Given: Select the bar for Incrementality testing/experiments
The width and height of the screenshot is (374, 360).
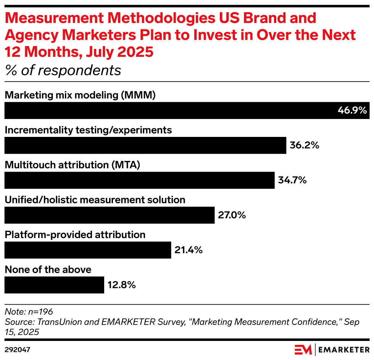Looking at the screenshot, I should pyautogui.click(x=145, y=145).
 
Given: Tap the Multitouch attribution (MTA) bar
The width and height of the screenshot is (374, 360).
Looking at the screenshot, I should pyautogui.click(x=139, y=180).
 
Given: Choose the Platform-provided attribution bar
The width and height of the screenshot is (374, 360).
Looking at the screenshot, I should pyautogui.click(x=87, y=250).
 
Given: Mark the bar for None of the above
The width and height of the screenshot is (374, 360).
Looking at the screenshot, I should pyautogui.click(x=54, y=285).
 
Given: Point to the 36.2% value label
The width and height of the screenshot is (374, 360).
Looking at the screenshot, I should pyautogui.click(x=304, y=145).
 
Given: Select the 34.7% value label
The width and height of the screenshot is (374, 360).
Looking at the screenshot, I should pyautogui.click(x=292, y=180).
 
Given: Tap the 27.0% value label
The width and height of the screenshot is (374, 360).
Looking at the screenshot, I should pyautogui.click(x=232, y=215).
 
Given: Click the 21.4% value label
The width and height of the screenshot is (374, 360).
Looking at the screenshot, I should pyautogui.click(x=188, y=250).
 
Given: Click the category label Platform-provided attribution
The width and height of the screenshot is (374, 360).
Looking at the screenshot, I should pyautogui.click(x=75, y=235).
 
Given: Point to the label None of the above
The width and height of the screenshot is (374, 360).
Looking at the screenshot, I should pyautogui.click(x=48, y=270).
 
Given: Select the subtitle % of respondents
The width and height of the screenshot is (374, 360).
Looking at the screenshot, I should pyautogui.click(x=63, y=70).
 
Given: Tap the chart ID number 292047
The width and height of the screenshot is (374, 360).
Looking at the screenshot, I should pyautogui.click(x=18, y=349).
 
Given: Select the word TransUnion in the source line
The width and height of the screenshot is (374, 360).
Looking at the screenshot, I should pyautogui.click(x=53, y=322).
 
